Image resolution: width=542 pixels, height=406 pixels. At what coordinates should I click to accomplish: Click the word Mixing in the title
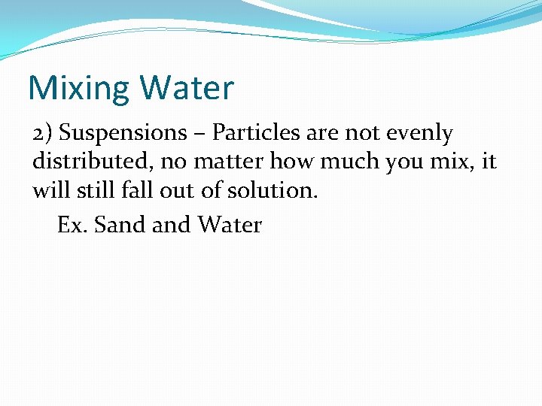79,89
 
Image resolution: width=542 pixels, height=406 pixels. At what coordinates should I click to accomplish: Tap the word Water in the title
187,87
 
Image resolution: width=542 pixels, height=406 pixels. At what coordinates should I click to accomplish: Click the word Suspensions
123,133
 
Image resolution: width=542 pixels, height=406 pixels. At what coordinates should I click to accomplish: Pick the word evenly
419,133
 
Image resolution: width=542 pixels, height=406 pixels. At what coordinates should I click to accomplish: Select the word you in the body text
381,162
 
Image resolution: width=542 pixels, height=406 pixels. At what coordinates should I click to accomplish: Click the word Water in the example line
230,224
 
